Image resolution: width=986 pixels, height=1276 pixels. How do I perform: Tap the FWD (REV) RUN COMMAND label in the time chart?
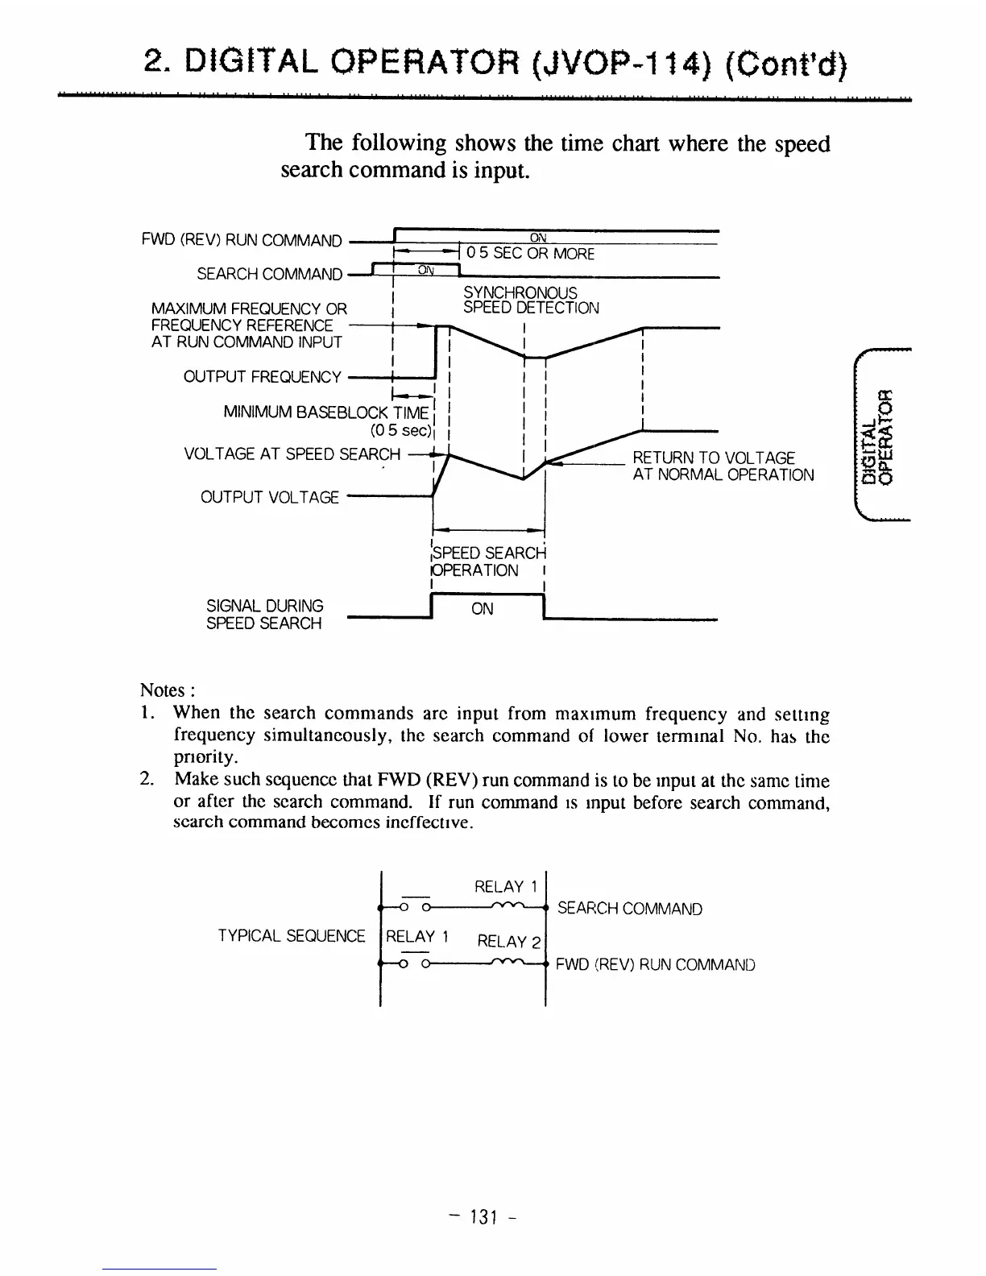tap(242, 240)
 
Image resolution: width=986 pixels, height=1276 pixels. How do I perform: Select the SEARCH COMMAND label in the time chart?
tap(269, 274)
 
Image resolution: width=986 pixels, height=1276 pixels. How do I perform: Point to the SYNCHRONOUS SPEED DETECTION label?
tap(531, 300)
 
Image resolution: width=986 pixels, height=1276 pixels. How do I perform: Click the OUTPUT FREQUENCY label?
tap(262, 377)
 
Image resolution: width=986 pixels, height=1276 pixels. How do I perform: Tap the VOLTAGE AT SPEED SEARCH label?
tap(292, 454)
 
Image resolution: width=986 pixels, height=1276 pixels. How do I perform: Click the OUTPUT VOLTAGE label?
tap(269, 497)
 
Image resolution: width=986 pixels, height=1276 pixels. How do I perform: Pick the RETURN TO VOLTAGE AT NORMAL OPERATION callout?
tap(723, 466)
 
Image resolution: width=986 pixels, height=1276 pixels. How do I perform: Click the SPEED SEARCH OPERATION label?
tap(488, 561)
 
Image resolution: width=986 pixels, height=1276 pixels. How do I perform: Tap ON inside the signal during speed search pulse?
tap(482, 609)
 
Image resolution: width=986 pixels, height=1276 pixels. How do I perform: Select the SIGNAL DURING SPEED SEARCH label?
tap(264, 614)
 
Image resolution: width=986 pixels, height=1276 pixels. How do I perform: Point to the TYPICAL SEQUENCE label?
tap(292, 935)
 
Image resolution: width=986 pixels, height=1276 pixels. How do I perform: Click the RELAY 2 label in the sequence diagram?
tap(509, 940)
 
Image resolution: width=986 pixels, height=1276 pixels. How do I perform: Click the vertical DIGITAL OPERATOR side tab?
tap(876, 436)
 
